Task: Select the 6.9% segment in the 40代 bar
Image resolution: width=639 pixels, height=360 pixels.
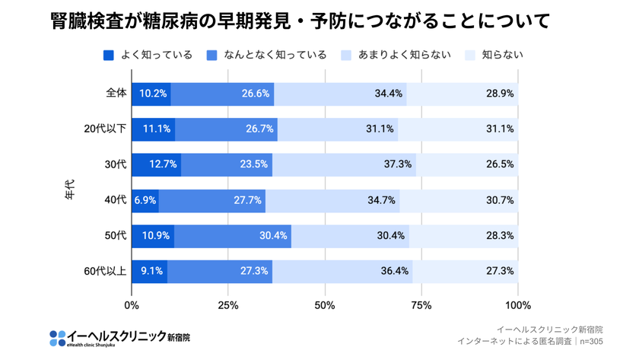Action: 145,201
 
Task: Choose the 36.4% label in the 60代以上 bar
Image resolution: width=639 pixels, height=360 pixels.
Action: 395,271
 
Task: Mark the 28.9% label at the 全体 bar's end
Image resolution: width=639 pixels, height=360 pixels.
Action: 500,94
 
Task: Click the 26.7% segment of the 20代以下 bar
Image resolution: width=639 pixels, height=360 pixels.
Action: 259,129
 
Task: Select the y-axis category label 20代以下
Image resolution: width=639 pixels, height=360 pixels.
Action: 105,129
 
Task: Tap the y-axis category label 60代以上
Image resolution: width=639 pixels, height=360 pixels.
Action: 105,271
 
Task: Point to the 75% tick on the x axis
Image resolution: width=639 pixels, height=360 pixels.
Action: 421,306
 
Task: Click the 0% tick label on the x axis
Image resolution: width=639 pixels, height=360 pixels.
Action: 132,306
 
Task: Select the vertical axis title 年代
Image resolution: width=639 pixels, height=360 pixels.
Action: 69,190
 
